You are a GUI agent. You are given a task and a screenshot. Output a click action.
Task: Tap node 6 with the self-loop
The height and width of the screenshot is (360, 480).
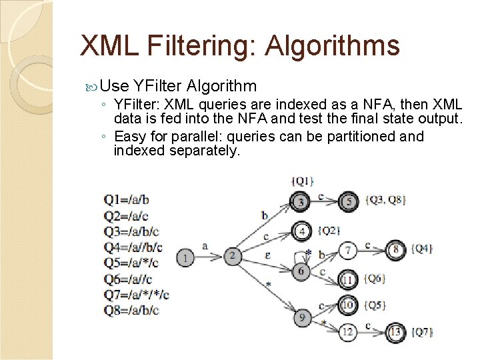pyautogui.click(x=301, y=271)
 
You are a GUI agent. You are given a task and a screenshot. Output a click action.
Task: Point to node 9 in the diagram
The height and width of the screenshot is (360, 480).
pyautogui.click(x=302, y=317)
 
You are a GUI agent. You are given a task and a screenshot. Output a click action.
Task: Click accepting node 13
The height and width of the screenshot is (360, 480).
pyautogui.click(x=395, y=331)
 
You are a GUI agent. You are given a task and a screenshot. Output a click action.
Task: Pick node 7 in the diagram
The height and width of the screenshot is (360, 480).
pyautogui.click(x=347, y=251)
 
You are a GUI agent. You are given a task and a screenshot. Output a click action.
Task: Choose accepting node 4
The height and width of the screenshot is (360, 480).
pyautogui.click(x=302, y=231)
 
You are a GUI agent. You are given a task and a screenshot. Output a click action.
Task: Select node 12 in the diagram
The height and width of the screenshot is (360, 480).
pyautogui.click(x=347, y=331)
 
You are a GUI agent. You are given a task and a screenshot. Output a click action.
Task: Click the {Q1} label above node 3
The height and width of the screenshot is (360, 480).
pyautogui.click(x=302, y=181)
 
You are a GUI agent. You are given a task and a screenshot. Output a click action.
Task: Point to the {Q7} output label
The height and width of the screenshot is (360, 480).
pyautogui.click(x=423, y=331)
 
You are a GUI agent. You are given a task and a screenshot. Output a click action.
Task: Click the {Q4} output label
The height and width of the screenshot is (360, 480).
pyautogui.click(x=421, y=249)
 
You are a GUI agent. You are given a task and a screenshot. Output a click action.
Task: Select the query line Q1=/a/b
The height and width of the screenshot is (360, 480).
pyautogui.click(x=127, y=199)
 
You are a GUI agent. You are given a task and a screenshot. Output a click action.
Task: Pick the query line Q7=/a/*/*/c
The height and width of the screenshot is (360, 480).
pyautogui.click(x=137, y=294)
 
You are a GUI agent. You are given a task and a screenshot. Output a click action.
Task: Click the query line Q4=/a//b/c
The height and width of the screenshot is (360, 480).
pyautogui.click(x=133, y=247)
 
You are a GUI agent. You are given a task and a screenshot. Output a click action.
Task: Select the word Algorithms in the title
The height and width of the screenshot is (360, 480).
pyautogui.click(x=332, y=46)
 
